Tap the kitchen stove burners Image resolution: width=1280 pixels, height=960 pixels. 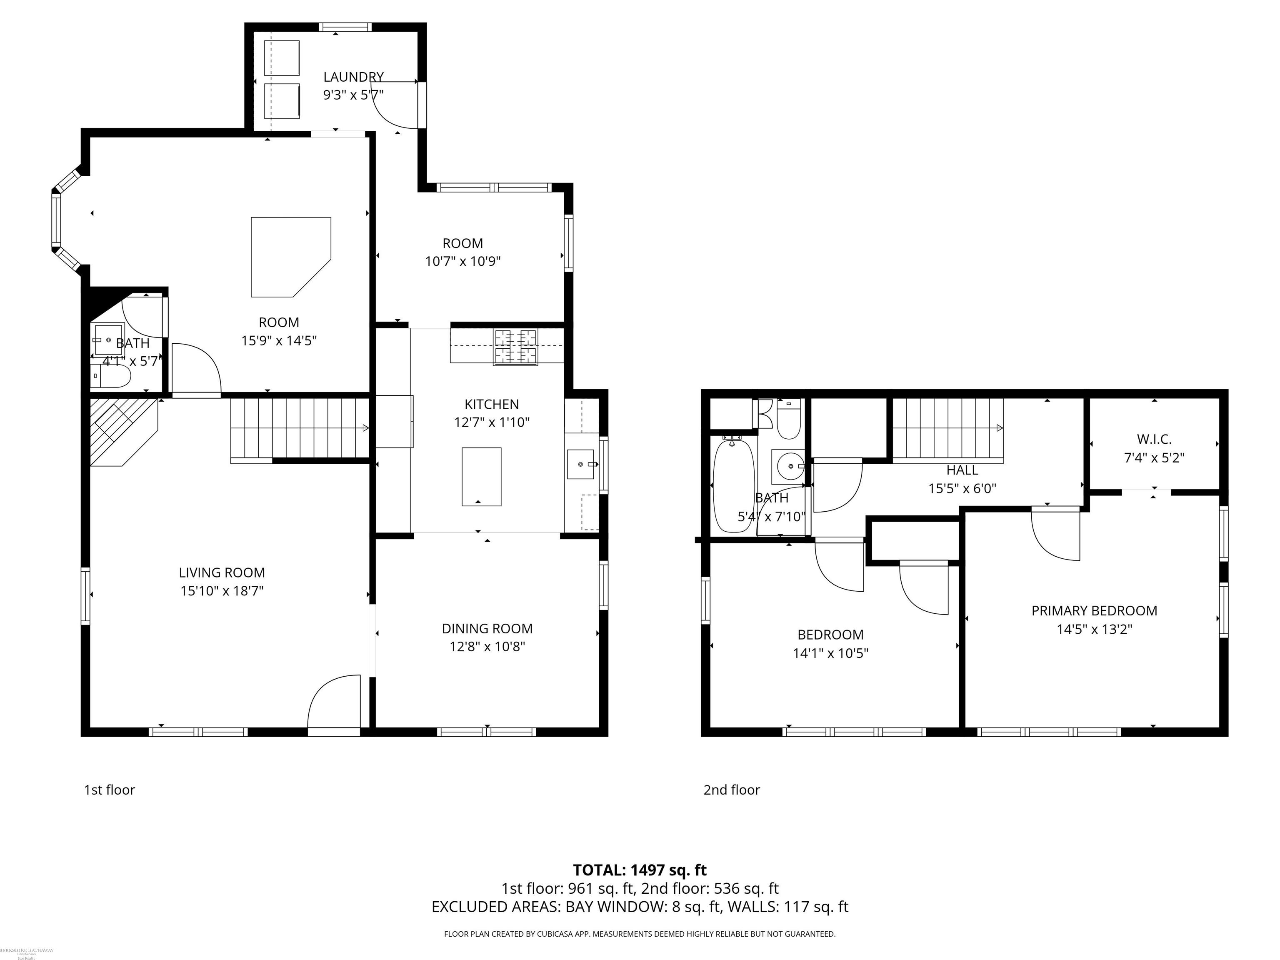[x=515, y=347]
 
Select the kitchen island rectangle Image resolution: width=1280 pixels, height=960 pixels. [x=481, y=476]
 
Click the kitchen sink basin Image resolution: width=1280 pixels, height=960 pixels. [x=580, y=464]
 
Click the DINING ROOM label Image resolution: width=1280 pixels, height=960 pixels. [x=487, y=628]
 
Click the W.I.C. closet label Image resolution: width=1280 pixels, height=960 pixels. [x=1154, y=439]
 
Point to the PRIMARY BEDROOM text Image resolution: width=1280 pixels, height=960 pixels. [x=1094, y=610]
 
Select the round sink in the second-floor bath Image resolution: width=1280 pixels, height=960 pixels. [x=789, y=465]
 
